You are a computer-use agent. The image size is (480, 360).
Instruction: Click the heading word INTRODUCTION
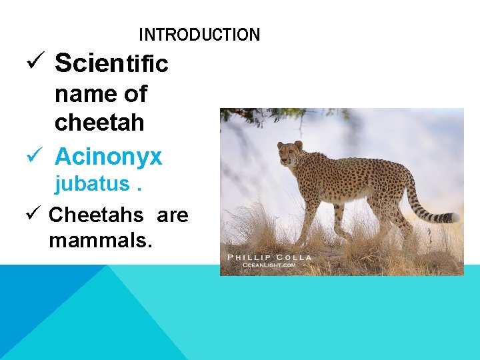tap(199, 35)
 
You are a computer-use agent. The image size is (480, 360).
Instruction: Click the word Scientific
tap(111, 63)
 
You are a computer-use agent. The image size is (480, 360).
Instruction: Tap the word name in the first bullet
tap(83, 94)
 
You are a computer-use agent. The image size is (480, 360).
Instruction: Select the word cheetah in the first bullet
tap(99, 123)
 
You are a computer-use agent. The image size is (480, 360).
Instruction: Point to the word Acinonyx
tap(108, 157)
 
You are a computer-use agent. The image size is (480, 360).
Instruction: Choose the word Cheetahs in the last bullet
tap(96, 215)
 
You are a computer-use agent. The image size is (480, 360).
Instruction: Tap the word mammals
tap(101, 240)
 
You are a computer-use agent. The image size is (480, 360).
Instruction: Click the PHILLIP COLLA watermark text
tap(269, 257)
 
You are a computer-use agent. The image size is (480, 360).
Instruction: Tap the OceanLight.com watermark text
tap(269, 265)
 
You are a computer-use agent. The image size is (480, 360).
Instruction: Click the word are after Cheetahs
tap(173, 215)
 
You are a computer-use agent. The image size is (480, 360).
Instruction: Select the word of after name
tap(135, 94)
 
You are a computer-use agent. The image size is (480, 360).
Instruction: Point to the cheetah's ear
tap(298, 144)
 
